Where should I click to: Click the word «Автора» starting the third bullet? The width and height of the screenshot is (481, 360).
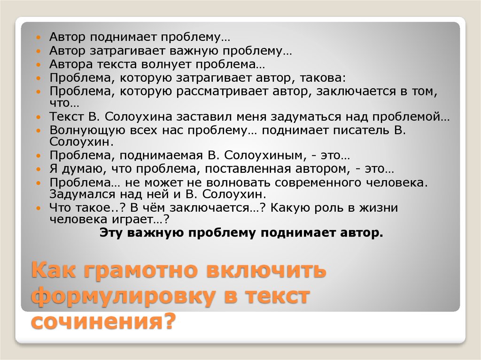(x=70, y=64)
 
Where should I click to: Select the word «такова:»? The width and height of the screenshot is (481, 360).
(x=323, y=78)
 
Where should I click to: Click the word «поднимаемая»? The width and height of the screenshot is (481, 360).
(x=161, y=155)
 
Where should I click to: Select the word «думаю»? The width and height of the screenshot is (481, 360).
(x=82, y=169)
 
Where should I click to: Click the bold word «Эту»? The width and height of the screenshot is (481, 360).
(x=110, y=233)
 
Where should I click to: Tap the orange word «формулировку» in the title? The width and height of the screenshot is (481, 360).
(x=123, y=296)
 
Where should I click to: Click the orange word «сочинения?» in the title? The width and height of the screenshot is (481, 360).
(x=104, y=321)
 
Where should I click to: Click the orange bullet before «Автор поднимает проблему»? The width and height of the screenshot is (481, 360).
(x=39, y=38)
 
